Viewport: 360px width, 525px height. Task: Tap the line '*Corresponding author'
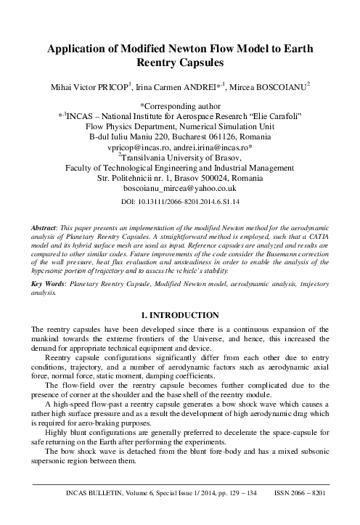tap(179, 105)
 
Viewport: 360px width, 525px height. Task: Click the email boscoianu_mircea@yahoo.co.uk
tap(179, 187)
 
